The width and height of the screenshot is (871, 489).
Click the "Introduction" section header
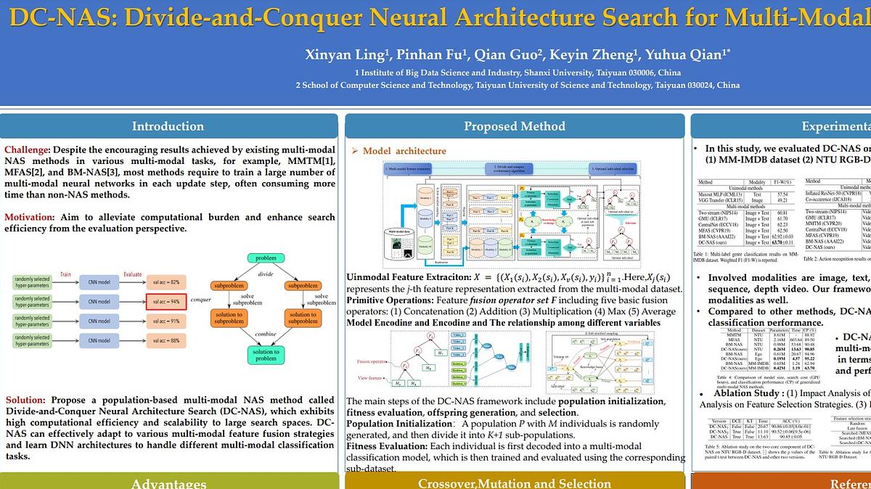click(168, 126)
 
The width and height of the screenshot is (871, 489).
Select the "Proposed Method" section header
click(515, 126)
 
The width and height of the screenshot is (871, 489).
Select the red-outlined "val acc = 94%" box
click(166, 301)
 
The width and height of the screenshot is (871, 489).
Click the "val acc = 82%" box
click(166, 282)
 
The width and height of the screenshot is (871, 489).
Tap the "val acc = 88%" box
click(166, 340)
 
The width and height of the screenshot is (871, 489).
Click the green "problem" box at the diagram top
click(266, 258)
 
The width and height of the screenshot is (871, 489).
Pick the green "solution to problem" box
click(266, 355)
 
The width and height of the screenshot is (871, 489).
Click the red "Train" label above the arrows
click(65, 274)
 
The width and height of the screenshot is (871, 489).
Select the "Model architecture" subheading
click(404, 151)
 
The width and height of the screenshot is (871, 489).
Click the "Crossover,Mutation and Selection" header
click(515, 483)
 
